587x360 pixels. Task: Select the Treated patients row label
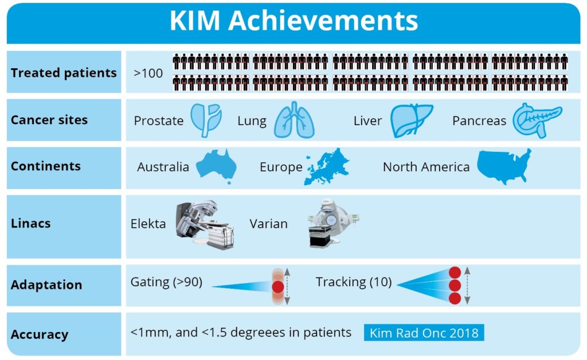(64, 73)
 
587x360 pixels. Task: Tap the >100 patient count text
(148, 73)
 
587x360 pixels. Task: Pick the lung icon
(294, 120)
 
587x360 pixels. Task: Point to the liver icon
(412, 120)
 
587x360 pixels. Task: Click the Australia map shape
(217, 166)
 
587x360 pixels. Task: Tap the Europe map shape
(326, 166)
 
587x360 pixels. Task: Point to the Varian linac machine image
(331, 223)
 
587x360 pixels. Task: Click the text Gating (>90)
(166, 282)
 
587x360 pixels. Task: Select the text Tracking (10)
(354, 282)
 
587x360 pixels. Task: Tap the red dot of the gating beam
(278, 287)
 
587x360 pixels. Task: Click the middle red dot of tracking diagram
(455, 285)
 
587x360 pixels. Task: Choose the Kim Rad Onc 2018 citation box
(424, 332)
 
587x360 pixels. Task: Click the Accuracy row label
(40, 334)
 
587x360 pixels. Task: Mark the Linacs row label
(31, 224)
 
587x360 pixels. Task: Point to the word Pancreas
(479, 121)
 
